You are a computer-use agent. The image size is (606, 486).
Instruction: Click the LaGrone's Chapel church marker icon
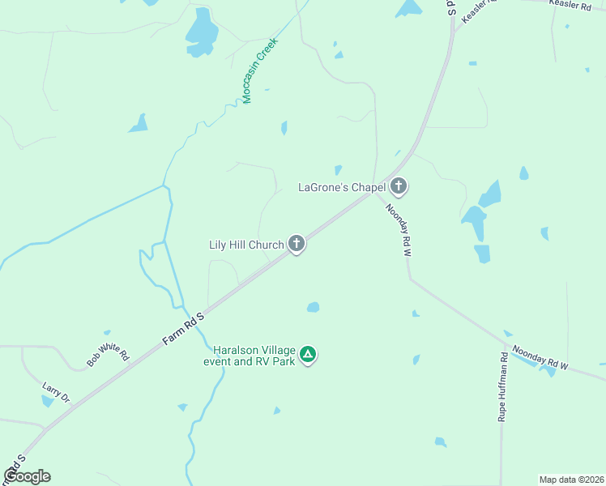tap(398, 186)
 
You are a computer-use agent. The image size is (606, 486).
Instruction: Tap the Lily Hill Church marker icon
tap(297, 243)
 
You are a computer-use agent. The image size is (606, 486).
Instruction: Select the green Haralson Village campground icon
tap(308, 354)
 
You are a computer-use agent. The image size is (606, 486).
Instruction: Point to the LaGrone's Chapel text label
tap(341, 188)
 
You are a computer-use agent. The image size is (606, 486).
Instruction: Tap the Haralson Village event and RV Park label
tap(254, 356)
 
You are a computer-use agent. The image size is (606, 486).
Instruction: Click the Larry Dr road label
tap(55, 394)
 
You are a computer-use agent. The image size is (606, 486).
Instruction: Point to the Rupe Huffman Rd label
tap(502, 386)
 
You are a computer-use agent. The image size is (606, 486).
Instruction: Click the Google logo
tap(28, 476)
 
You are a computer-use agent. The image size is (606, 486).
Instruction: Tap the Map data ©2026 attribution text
tap(571, 480)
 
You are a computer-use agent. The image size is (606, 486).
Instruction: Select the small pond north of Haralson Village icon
tap(313, 307)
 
